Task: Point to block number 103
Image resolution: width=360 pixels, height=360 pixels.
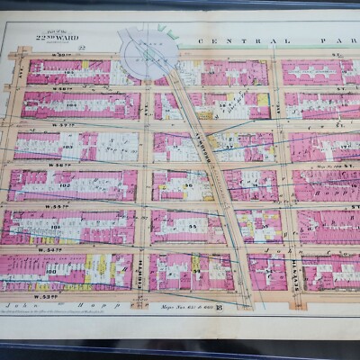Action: (x=68, y=144)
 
